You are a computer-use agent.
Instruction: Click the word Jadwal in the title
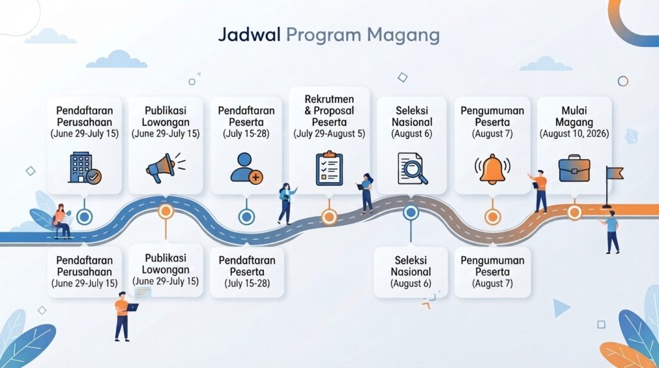coord(249,35)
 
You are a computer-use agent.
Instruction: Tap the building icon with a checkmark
coord(84,168)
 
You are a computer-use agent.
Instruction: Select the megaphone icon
coord(165,168)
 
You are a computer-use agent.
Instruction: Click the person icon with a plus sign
coord(246,169)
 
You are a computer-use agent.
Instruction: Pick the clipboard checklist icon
coord(329,168)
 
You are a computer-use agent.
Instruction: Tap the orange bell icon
coord(492,169)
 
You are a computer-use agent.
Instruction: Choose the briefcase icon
coord(574,169)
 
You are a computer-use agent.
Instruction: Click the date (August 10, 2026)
coord(574,134)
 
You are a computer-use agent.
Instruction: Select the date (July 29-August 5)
coord(329,134)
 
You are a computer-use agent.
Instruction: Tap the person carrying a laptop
coord(124,316)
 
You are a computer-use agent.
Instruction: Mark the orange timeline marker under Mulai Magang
coord(574,212)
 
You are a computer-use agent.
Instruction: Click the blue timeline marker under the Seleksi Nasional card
coord(411,212)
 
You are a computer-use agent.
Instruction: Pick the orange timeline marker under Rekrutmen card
coord(329,217)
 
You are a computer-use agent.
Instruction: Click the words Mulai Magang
coord(574,116)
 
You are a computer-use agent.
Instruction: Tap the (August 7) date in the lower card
coord(492,284)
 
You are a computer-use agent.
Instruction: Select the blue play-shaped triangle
coord(561,308)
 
